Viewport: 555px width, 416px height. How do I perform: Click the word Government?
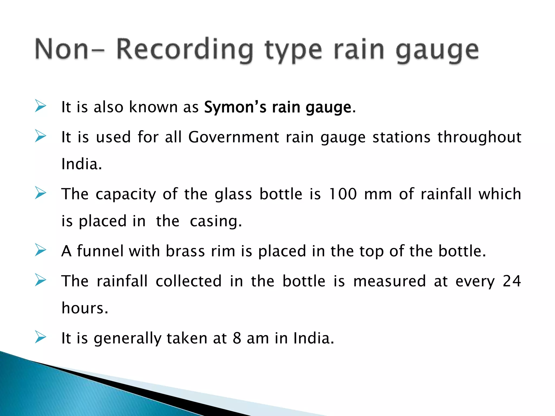coord(233,137)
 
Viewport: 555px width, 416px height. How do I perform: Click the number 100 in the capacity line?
coord(343,194)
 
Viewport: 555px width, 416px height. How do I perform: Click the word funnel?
coord(100,251)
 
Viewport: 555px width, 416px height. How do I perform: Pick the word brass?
coord(185,251)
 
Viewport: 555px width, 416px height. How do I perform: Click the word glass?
coord(233,194)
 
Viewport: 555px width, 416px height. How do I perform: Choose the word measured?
coord(389,281)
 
